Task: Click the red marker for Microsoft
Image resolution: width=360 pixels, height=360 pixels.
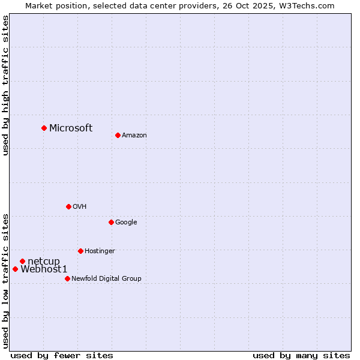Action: (44, 128)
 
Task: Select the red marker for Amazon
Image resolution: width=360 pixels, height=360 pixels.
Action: (118, 135)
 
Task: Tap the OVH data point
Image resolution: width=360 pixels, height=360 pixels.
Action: (68, 206)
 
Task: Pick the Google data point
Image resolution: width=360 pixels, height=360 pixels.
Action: (111, 222)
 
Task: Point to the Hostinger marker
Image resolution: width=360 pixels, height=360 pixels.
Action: (80, 251)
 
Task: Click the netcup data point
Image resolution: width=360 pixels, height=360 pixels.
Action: (22, 261)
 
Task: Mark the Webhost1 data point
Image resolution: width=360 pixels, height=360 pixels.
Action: (15, 269)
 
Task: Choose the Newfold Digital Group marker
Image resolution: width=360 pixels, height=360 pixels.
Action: (67, 278)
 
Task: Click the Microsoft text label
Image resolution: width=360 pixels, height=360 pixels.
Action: (71, 128)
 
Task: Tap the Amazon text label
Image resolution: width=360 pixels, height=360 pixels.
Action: (134, 136)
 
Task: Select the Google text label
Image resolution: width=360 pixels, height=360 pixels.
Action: (126, 223)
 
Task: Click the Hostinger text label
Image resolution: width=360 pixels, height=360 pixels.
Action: (100, 251)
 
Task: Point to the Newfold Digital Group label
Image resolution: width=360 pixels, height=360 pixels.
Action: (106, 279)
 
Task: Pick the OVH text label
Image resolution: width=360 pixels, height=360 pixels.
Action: (80, 207)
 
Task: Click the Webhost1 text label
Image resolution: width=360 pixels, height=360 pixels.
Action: (44, 269)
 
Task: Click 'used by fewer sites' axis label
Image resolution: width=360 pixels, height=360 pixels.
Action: (62, 355)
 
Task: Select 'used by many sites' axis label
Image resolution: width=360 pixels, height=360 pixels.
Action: (301, 355)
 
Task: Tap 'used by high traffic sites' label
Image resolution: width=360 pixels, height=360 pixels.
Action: (5, 85)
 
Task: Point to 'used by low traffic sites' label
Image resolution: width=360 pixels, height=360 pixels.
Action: (5, 280)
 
